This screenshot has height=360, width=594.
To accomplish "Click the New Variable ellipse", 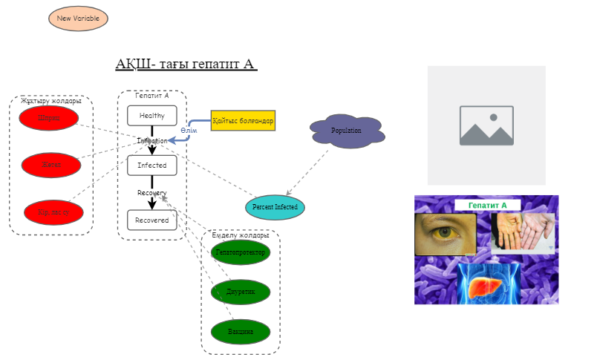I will pos(78,18).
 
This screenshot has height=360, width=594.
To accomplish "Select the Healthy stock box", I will pos(152,116).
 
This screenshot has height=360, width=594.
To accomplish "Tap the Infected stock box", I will pos(152,165).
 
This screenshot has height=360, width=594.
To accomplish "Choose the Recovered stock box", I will pos(152,220).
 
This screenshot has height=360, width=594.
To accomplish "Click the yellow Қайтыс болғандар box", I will pos(243,120).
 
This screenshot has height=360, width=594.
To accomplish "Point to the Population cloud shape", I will pos(347,131).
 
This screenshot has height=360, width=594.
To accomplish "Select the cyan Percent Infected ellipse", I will pos(275,206).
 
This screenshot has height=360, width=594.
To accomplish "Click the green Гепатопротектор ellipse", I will pos(241,252).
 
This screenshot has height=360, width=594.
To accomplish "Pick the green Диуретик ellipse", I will pos(241,292).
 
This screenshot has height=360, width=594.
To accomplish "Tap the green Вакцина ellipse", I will pos(241,331).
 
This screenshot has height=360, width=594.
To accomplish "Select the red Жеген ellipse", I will pos(51,165).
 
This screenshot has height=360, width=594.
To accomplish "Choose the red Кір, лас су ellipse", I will pos(55,212).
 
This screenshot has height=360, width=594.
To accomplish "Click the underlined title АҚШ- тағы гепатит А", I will pos(186,64).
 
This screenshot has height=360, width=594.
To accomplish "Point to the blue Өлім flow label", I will pos(189,131).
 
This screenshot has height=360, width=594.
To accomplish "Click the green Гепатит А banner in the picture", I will pos(487,205).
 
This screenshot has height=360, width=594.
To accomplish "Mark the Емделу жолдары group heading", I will pos(240,235).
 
